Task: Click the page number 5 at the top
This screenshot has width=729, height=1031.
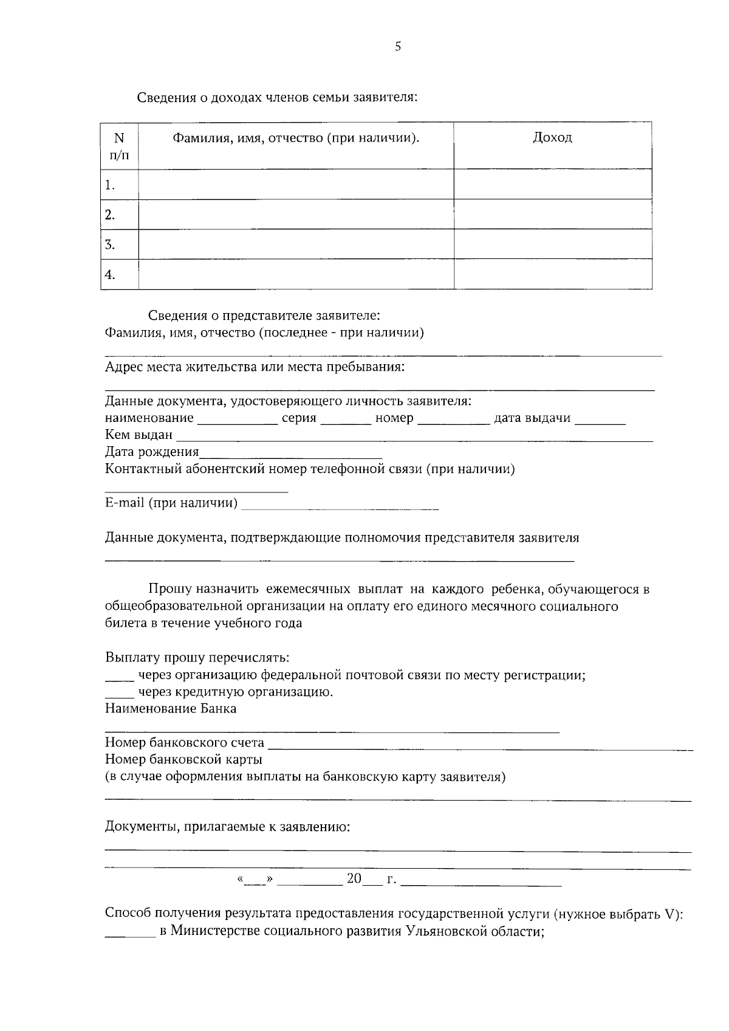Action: pyautogui.click(x=398, y=47)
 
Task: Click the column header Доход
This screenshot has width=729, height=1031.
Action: pyautogui.click(x=552, y=138)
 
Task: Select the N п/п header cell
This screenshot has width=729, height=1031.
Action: pyautogui.click(x=119, y=146)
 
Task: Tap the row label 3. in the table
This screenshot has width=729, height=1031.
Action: pyautogui.click(x=110, y=245)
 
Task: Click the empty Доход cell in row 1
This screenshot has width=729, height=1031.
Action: pyautogui.click(x=553, y=184)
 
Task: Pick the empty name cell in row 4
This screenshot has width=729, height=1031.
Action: pyautogui.click(x=296, y=275)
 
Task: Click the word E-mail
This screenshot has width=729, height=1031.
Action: pyautogui.click(x=125, y=503)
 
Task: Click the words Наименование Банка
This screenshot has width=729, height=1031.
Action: pyautogui.click(x=171, y=709)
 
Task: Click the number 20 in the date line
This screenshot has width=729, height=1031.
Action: pyautogui.click(x=354, y=878)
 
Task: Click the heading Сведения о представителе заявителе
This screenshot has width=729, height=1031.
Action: pyautogui.click(x=264, y=316)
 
